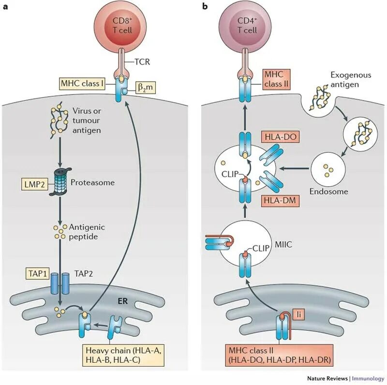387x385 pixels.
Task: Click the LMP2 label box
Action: point(35,184)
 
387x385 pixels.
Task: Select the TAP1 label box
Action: point(38,273)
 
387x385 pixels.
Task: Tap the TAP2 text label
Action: point(84,273)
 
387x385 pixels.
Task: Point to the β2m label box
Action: point(146,88)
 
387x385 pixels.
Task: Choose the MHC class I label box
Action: point(82,83)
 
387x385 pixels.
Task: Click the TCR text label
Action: point(142,62)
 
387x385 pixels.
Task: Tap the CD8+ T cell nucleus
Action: point(122,26)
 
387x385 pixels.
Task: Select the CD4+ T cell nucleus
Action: point(247,26)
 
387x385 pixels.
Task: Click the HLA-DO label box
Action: point(281,136)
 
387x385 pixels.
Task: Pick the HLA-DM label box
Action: point(280,200)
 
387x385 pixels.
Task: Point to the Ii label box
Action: point(298,314)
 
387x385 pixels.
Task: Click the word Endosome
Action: point(329,192)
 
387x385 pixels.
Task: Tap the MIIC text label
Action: point(283,245)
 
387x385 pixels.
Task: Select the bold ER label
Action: point(123,301)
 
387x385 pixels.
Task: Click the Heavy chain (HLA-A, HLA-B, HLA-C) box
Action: point(124,355)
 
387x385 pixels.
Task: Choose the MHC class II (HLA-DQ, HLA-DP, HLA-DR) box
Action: point(280,355)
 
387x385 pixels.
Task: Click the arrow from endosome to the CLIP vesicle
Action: point(294,169)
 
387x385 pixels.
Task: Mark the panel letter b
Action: point(205,6)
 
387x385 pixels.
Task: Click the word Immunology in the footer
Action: point(368,378)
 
